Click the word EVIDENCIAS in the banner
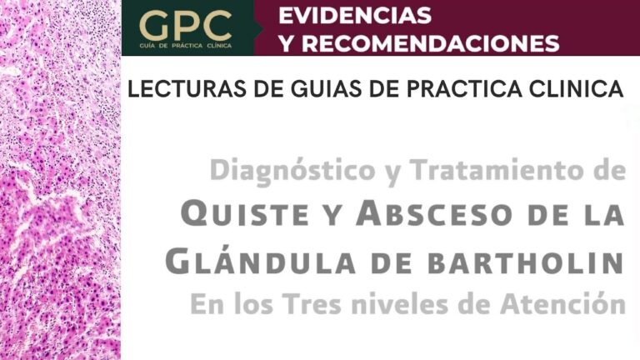[x=355, y=16]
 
